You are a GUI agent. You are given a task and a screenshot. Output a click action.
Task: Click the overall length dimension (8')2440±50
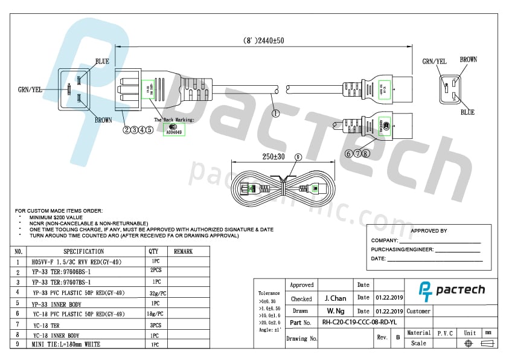(x=263, y=40)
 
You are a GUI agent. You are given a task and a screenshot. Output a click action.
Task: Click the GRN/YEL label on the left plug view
(x=30, y=89)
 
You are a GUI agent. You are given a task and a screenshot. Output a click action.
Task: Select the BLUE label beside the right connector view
(x=467, y=112)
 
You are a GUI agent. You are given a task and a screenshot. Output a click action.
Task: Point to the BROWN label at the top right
(x=468, y=60)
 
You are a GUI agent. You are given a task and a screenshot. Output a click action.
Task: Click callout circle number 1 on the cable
(x=275, y=112)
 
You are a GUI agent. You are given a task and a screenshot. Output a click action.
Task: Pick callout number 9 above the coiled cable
(x=297, y=156)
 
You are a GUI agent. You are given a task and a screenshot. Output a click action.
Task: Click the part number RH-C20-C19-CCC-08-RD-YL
(x=359, y=323)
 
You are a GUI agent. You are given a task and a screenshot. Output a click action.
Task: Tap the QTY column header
(x=155, y=251)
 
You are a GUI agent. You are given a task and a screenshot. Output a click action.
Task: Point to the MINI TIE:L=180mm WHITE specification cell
(x=66, y=344)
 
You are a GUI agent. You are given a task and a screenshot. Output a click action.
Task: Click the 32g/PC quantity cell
(x=155, y=293)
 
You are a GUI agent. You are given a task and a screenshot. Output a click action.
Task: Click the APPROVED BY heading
(x=429, y=231)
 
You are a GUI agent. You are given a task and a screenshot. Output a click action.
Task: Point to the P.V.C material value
(x=443, y=333)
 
